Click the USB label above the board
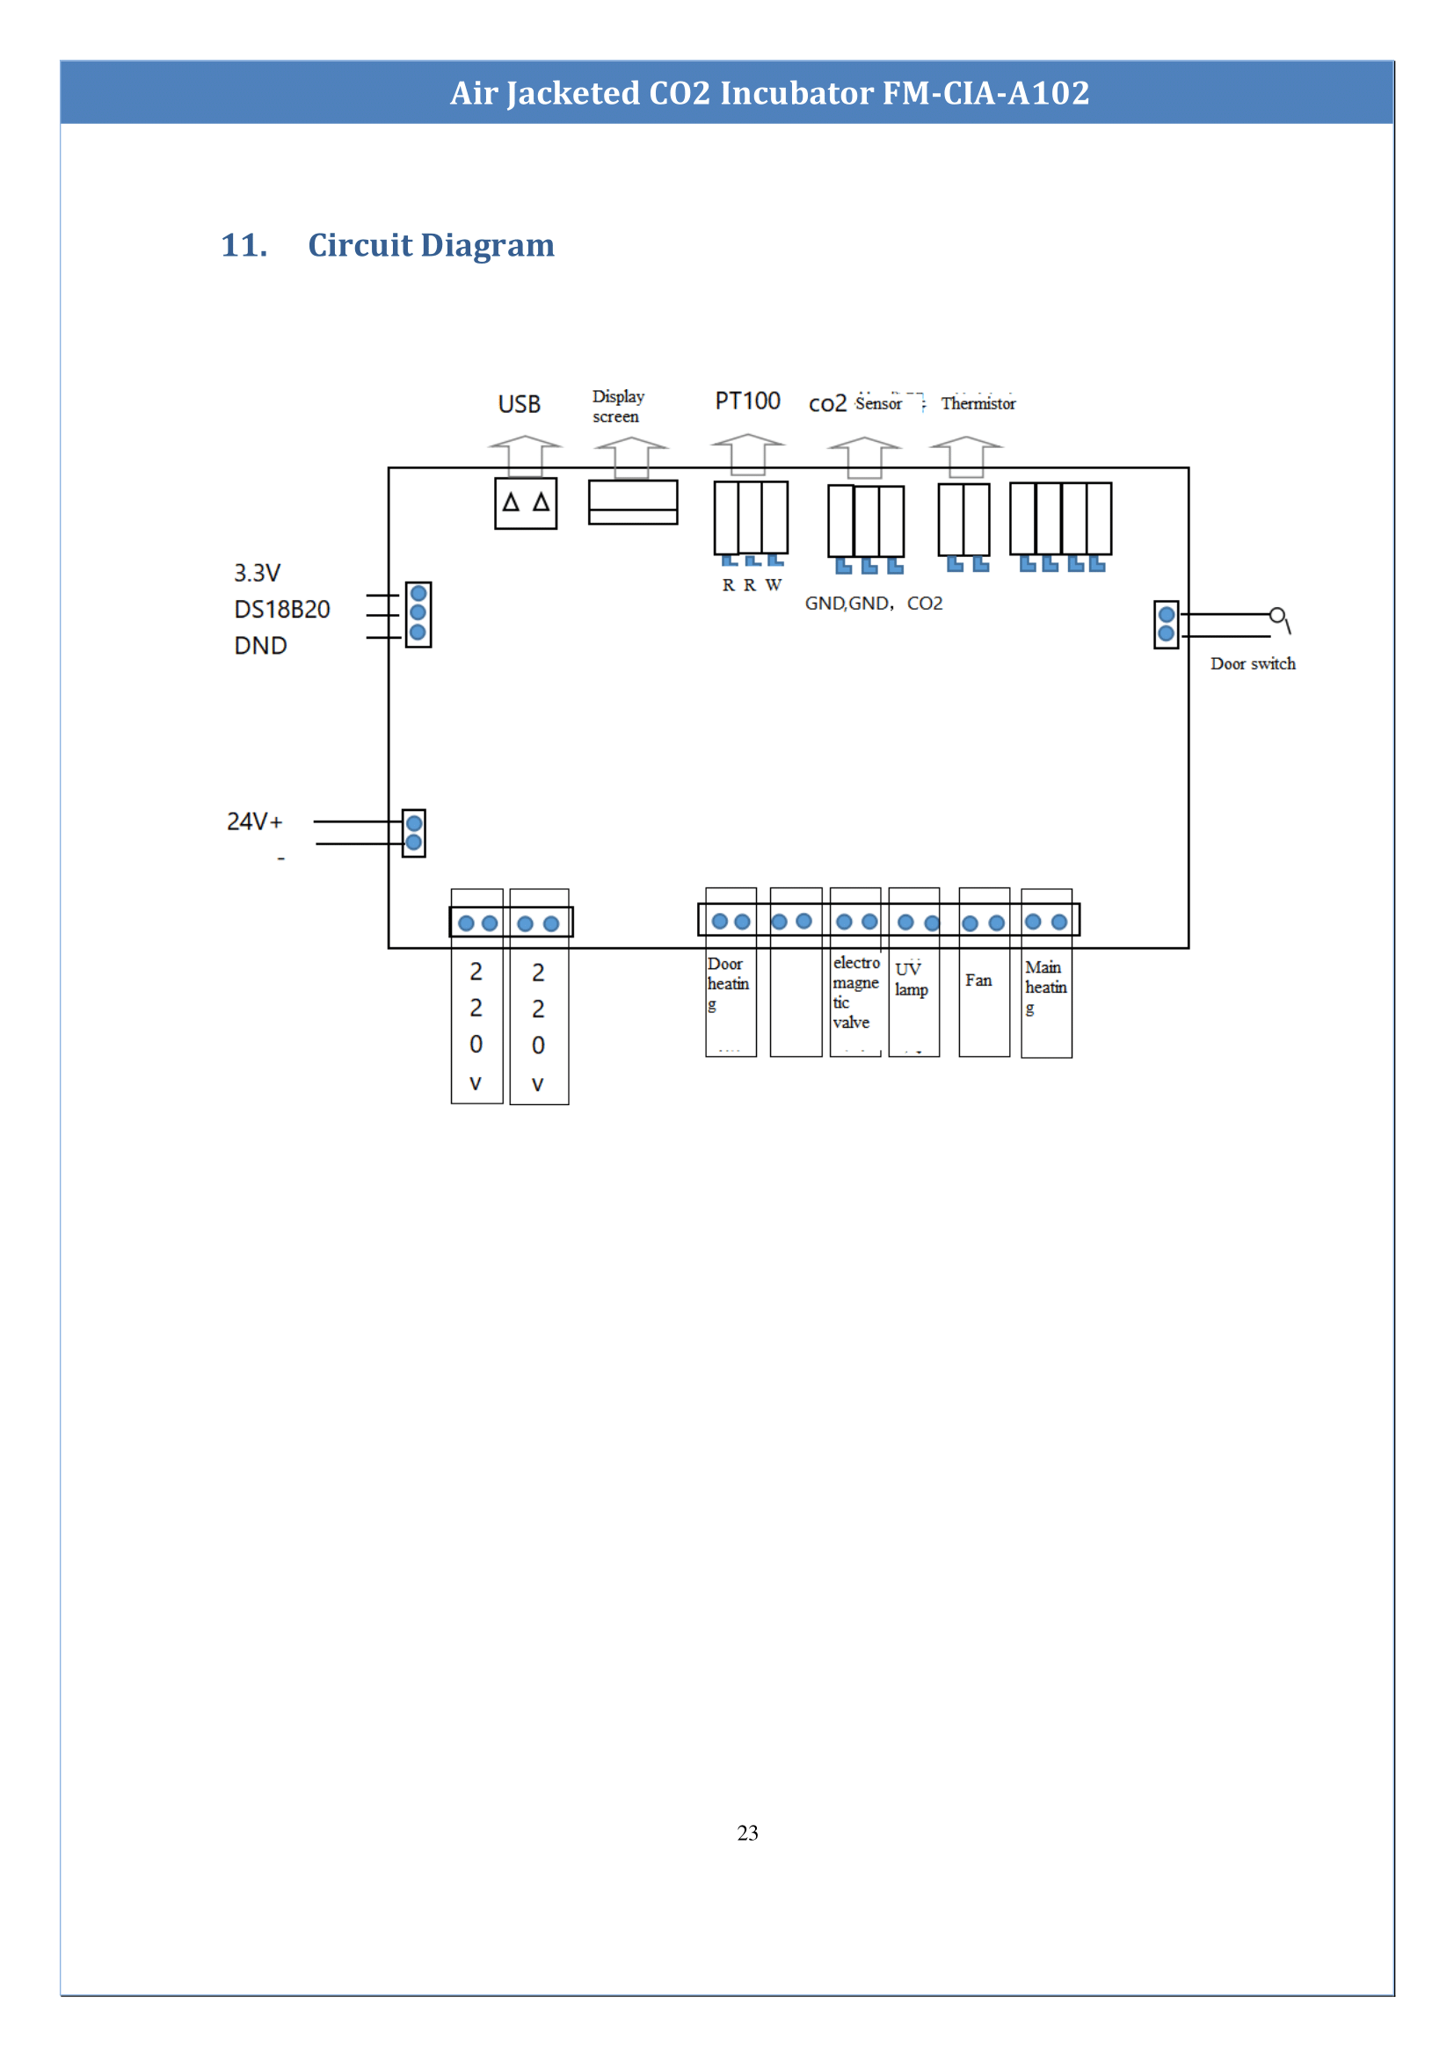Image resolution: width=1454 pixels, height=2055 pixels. [x=520, y=404]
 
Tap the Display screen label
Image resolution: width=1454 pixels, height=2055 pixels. [x=618, y=407]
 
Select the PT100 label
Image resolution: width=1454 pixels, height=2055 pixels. [x=747, y=401]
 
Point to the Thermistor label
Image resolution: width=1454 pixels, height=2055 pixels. [x=978, y=403]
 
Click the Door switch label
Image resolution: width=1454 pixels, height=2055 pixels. [x=1253, y=663]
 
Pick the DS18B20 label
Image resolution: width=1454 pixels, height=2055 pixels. [x=282, y=610]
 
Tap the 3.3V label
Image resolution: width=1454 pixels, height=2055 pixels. [x=257, y=573]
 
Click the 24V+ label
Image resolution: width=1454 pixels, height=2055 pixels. [x=254, y=821]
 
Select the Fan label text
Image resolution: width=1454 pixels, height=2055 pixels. [x=978, y=980]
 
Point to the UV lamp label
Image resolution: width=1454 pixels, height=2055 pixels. [x=911, y=979]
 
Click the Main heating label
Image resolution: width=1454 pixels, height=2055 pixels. [x=1045, y=987]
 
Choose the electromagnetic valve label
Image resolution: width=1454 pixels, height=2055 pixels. [x=855, y=992]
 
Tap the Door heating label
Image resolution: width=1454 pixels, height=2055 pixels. [x=727, y=983]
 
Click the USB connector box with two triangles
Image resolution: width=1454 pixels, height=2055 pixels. [x=526, y=503]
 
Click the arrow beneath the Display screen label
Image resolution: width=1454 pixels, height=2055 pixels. [x=631, y=458]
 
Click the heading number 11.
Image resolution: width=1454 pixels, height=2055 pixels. [x=244, y=245]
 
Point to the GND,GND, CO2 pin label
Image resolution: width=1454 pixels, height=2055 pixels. [x=873, y=604]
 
